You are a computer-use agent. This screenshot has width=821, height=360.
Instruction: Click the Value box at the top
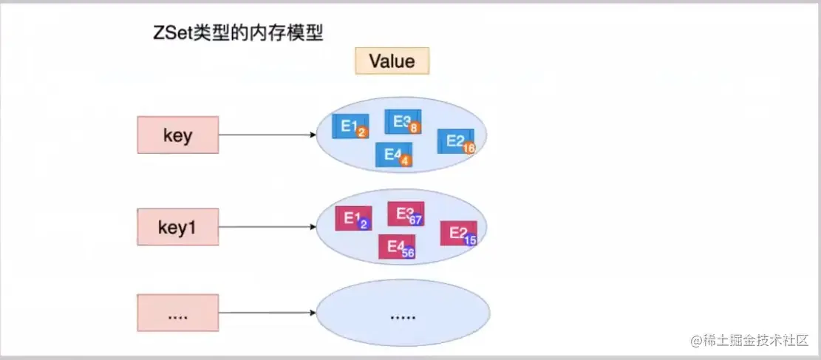point(392,61)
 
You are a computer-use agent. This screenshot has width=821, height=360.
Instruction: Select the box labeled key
point(177,135)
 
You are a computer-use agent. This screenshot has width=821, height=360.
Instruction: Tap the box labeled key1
point(177,227)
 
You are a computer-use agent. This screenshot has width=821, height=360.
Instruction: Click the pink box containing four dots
point(177,313)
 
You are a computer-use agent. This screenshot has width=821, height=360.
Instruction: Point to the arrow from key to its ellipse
point(268,135)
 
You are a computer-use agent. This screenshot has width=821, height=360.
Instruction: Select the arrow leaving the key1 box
point(268,227)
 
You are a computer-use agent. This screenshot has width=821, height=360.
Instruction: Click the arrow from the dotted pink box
point(268,313)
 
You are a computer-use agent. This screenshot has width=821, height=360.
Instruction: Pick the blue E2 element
point(456,141)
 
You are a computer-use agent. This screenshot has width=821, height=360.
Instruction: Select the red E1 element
point(353,218)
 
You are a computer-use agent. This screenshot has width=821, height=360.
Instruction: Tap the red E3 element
point(406,214)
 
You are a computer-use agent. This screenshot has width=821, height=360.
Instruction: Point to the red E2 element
point(459,233)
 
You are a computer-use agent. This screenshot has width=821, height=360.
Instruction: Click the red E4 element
point(397,246)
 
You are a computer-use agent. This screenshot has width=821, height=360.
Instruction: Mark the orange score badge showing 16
point(469,149)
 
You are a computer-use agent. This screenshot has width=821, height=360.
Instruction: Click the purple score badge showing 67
point(416,220)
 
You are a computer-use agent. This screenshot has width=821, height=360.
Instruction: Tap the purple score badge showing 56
point(409,253)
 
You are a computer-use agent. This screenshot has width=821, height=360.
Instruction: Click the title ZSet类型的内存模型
point(238,34)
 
